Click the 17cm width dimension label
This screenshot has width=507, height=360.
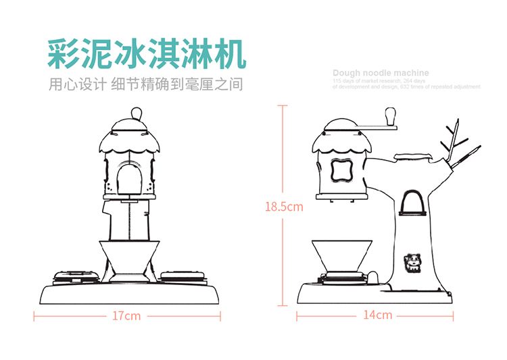click(x=126, y=315)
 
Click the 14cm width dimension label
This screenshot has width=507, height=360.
click(x=377, y=315)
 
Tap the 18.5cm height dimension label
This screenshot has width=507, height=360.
click(x=284, y=207)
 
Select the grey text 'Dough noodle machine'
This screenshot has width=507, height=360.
click(x=381, y=73)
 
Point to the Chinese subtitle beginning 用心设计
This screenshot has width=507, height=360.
click(x=146, y=85)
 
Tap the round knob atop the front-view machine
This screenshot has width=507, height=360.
click(x=135, y=111)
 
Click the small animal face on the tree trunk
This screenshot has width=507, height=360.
click(x=411, y=261)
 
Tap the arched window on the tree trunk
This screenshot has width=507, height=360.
click(x=412, y=203)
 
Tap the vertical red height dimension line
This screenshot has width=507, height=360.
click(x=284, y=162)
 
